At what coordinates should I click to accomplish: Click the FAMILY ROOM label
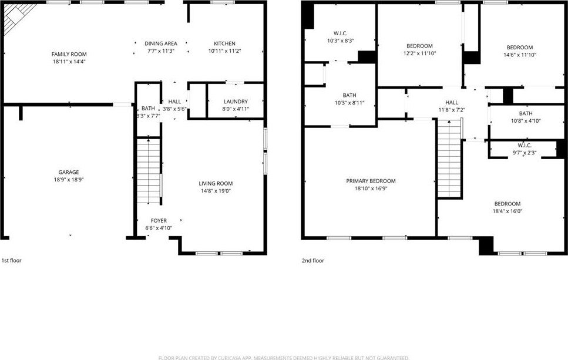(x=69, y=55)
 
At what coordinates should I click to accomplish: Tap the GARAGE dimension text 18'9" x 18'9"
(x=69, y=180)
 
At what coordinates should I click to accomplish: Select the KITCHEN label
(x=224, y=43)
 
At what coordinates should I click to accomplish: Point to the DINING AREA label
(x=161, y=43)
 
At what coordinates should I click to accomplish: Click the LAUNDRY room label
(x=236, y=102)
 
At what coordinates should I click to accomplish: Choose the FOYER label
(x=159, y=221)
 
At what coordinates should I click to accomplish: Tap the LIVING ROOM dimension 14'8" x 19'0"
(x=216, y=191)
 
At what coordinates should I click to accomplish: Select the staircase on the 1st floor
(x=149, y=170)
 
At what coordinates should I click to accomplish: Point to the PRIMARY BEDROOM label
(x=371, y=181)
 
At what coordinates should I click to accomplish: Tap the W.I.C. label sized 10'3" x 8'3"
(x=341, y=33)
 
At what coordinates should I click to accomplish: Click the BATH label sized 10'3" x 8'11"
(x=349, y=95)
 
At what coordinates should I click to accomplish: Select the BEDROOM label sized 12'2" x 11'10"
(x=419, y=46)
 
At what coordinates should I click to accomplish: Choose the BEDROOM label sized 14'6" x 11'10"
(x=520, y=48)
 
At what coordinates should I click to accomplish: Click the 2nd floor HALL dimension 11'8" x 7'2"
(x=452, y=110)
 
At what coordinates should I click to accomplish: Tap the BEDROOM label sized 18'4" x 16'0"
(x=507, y=204)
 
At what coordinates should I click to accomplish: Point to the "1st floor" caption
(x=12, y=260)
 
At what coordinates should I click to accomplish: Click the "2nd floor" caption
(x=313, y=260)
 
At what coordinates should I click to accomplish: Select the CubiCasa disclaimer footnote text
(x=284, y=358)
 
